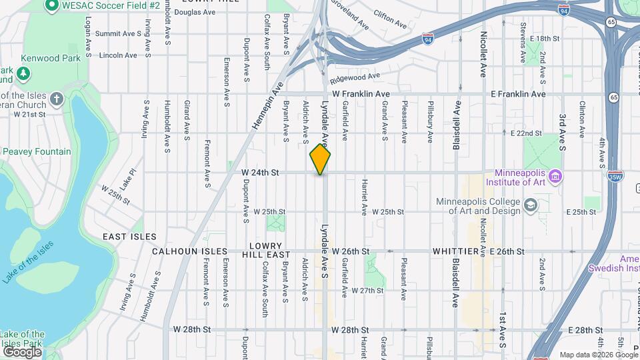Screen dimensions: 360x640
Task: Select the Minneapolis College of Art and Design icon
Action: click(531, 204)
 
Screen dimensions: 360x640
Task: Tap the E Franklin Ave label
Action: click(518, 95)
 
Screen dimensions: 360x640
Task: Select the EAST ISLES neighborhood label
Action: click(129, 237)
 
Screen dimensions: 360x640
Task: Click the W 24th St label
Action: click(259, 172)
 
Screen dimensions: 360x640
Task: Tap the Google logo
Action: click(22, 351)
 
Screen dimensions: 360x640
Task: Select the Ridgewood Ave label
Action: click(359, 77)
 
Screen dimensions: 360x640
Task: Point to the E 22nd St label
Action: click(526, 133)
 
